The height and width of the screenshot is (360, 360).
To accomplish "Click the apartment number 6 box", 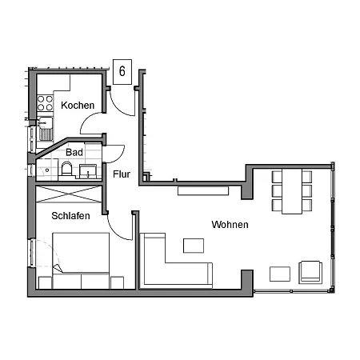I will pos(122,71).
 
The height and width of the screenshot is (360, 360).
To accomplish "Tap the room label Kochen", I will pos(78,105).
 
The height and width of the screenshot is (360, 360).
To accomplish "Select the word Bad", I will pos(74,152).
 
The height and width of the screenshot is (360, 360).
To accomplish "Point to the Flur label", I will pos(122,174).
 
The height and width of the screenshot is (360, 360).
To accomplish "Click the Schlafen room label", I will pos(70,216).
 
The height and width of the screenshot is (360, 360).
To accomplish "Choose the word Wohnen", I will pos(230,225).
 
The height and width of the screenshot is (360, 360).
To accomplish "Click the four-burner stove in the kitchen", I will pos(45,103).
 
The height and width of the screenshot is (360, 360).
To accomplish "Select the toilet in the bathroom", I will pos(67,169).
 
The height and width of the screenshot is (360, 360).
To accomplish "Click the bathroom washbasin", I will pos(88,168).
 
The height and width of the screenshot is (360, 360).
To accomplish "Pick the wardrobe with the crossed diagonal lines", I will pos(70,194).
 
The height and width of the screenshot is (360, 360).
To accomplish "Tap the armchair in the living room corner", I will pos(310,272).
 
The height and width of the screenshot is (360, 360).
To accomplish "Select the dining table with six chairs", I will pos(291,190).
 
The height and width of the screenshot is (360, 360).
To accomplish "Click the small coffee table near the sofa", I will pos(194,246).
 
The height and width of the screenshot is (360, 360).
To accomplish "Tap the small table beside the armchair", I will pos(280,274).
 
